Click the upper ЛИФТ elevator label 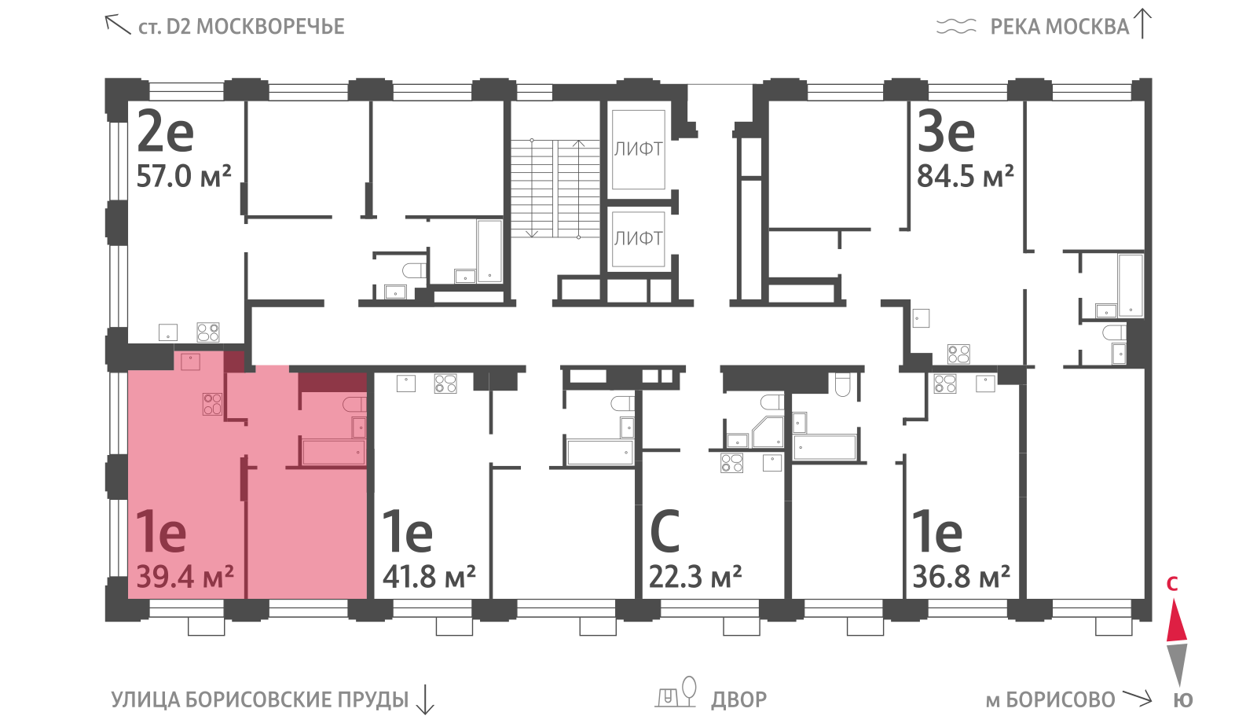(x=638, y=149)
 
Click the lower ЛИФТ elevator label (x=638, y=239)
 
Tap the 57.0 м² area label (x=184, y=176)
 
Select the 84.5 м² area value (x=966, y=176)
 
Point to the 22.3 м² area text (x=695, y=577)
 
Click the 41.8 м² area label (x=429, y=577)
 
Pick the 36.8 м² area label (x=962, y=577)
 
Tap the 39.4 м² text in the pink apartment (x=185, y=577)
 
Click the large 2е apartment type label (x=165, y=132)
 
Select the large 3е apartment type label (x=946, y=132)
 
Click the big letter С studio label (x=665, y=531)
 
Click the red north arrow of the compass (x=1177, y=620)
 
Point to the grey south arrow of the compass (x=1177, y=665)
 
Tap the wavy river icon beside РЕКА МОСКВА (x=956, y=27)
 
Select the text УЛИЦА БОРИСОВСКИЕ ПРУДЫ (x=260, y=700)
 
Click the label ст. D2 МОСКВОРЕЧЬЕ (x=241, y=27)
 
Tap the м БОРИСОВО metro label (x=1050, y=700)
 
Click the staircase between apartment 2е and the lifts (x=555, y=189)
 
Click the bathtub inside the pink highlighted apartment (x=334, y=453)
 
